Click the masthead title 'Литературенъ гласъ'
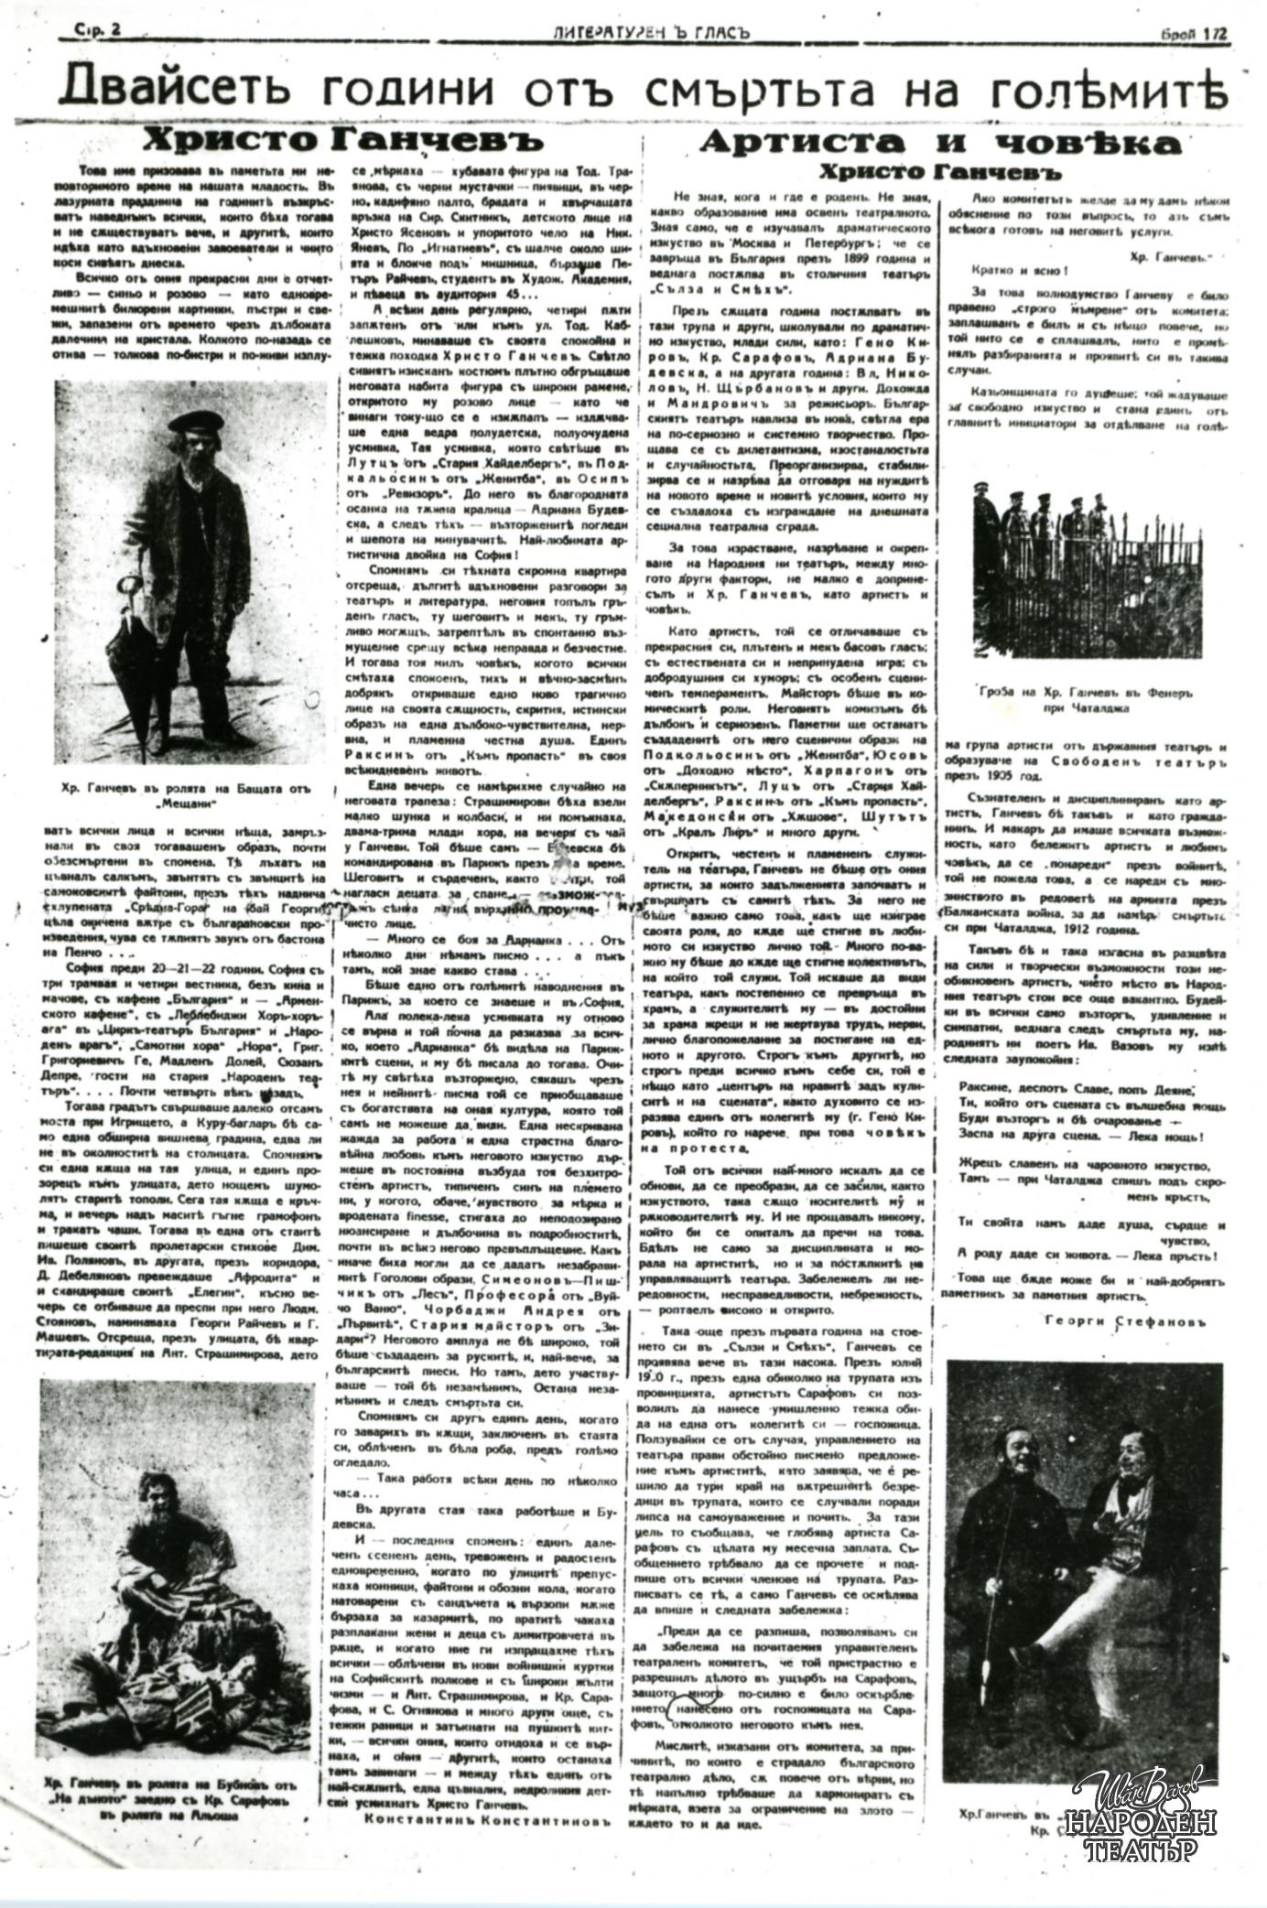tap(651, 31)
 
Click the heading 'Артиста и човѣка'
tap(940, 142)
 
